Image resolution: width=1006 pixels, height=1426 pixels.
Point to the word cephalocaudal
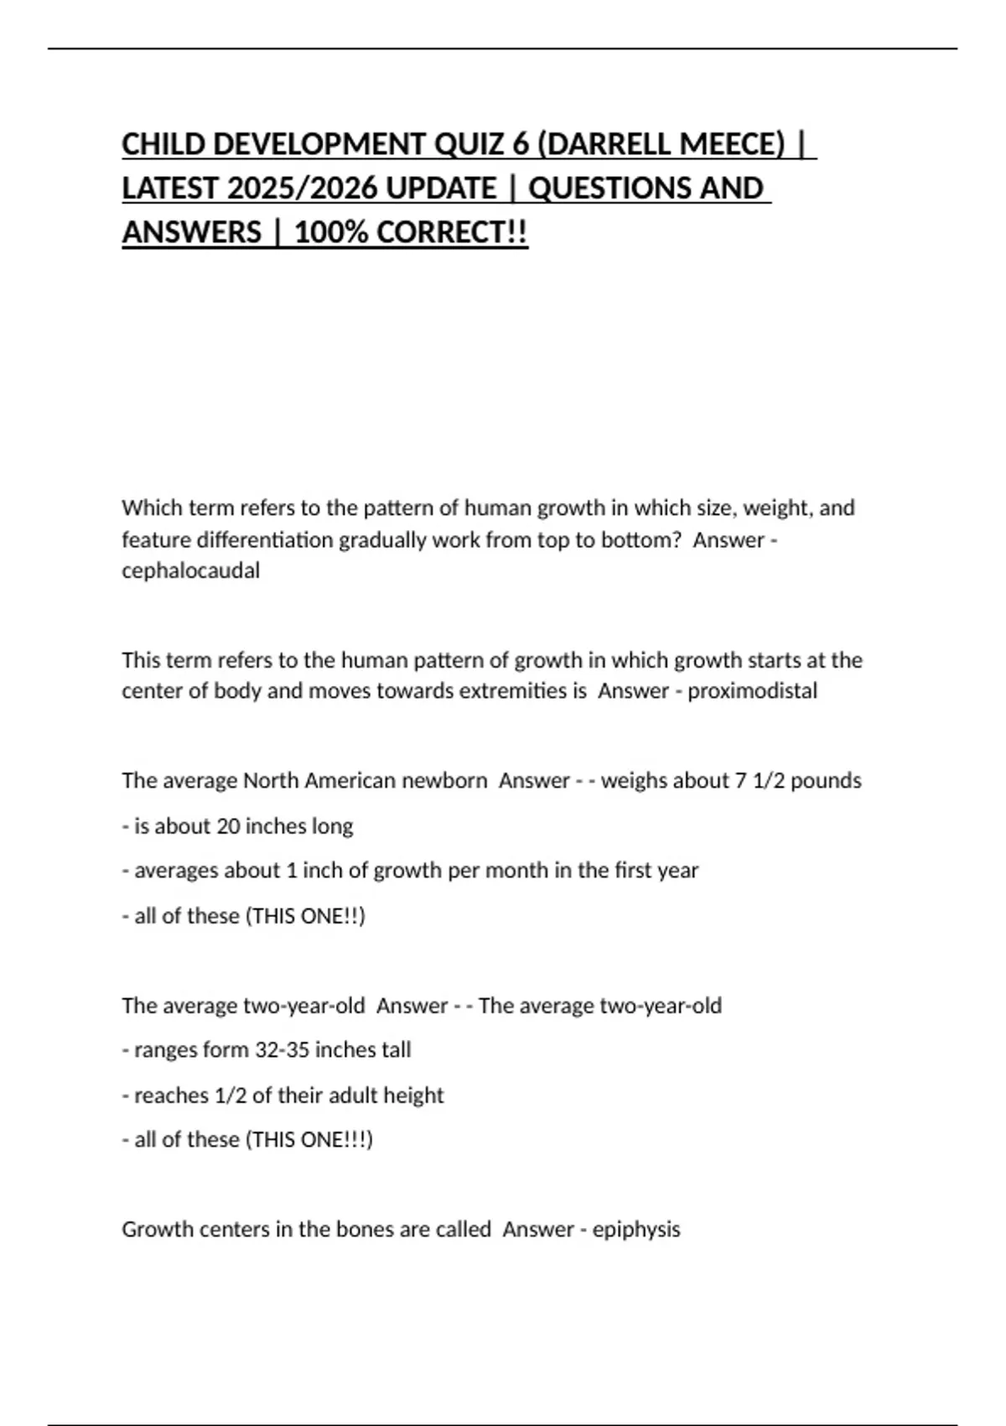[x=190, y=570]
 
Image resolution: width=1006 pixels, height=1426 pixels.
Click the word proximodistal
[x=752, y=690]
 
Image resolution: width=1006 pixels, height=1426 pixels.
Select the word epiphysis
[x=636, y=1229]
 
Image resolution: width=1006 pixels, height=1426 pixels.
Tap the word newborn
[x=444, y=780]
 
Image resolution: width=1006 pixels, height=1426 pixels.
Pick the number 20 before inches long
[x=228, y=826]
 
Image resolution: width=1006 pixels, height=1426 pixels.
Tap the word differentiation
[x=227, y=539]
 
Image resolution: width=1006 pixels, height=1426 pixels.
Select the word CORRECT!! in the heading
[x=453, y=232]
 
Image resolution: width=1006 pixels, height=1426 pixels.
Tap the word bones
[x=365, y=1229]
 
